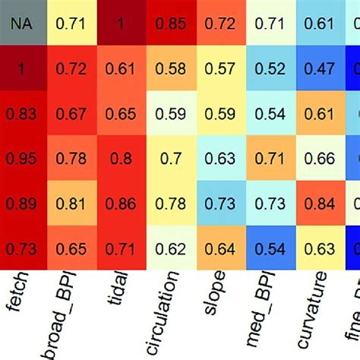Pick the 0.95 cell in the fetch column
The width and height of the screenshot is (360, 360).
[21, 158]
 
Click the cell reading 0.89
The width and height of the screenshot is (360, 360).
[21, 203]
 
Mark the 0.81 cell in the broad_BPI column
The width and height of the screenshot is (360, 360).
[70, 203]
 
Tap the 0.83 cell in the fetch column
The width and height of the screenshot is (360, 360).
[21, 113]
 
